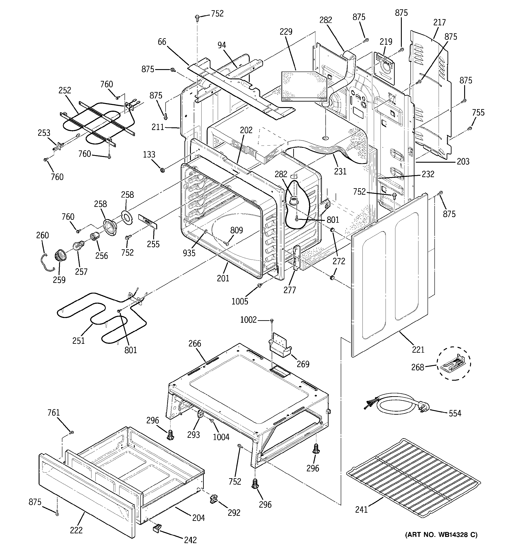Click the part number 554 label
[x=455, y=413]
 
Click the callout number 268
[x=417, y=367]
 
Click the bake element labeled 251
[x=102, y=318]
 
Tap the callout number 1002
[x=248, y=320]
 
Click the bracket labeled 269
[x=279, y=346]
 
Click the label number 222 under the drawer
[x=76, y=530]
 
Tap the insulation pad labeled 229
[x=303, y=86]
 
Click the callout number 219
[x=386, y=42]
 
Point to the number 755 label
[x=478, y=112]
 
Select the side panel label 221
[x=418, y=350]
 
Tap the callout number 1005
[x=240, y=301]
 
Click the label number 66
[x=162, y=42]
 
